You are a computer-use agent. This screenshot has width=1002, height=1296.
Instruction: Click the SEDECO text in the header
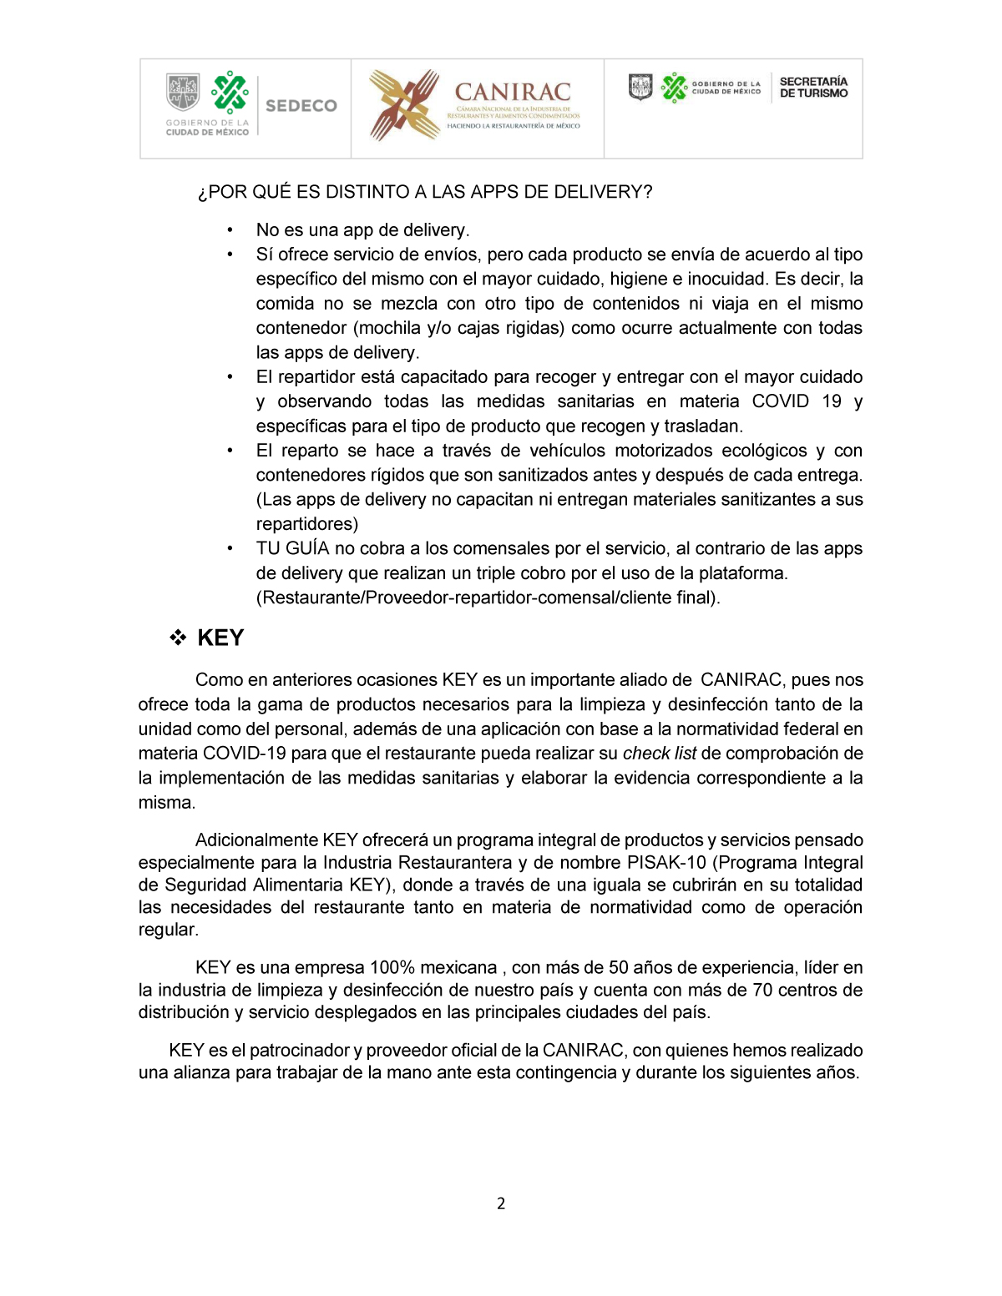click(x=301, y=106)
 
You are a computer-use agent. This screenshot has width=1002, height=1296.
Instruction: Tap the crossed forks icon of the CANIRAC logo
click(x=404, y=104)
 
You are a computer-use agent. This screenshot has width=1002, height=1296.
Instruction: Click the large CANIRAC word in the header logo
click(x=513, y=92)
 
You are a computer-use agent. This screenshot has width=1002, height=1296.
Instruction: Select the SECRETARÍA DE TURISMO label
click(x=813, y=87)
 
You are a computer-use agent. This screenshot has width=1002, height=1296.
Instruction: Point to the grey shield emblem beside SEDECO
click(x=183, y=92)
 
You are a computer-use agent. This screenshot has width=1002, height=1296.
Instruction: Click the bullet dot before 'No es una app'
click(x=230, y=230)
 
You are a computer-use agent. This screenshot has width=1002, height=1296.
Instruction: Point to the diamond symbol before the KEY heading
click(x=178, y=638)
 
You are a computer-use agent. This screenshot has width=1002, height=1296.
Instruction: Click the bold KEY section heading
click(x=220, y=638)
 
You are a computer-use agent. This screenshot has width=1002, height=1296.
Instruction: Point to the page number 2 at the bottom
click(x=501, y=1203)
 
